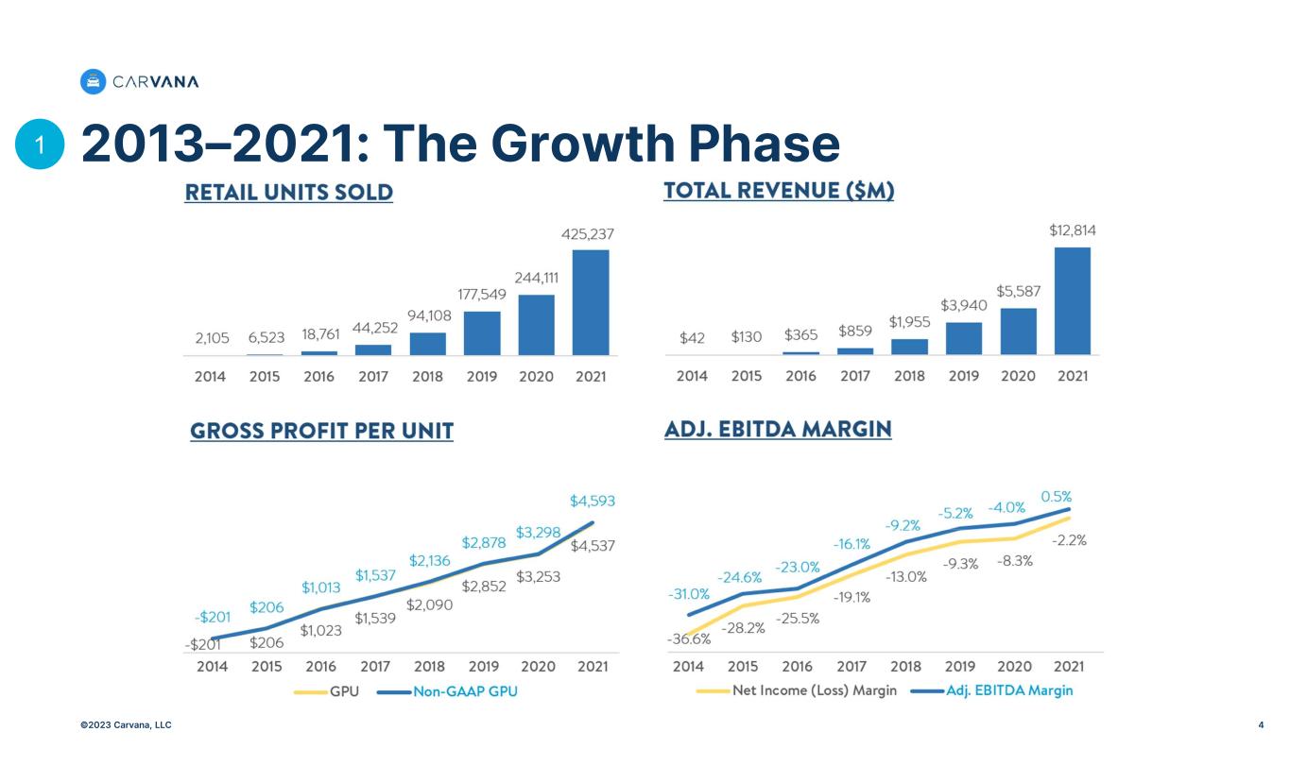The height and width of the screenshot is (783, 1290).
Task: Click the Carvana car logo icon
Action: (x=93, y=82)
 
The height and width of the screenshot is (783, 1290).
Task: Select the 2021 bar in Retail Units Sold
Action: (x=591, y=302)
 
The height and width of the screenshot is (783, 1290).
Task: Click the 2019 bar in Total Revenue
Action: (x=964, y=338)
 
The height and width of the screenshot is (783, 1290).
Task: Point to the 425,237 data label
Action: (x=591, y=232)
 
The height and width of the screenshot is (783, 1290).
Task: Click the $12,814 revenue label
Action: (x=1073, y=230)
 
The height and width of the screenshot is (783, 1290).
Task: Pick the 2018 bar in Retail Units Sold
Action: (x=427, y=344)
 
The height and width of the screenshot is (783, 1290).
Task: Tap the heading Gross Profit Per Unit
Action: (x=321, y=432)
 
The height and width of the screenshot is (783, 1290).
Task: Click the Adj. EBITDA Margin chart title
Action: (x=778, y=430)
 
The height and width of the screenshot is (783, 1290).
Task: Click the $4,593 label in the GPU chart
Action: (x=592, y=500)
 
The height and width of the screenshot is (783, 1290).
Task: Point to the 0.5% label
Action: (x=1057, y=496)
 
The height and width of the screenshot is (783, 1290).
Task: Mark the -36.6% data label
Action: (x=689, y=639)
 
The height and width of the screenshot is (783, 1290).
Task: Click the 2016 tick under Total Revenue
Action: (x=800, y=376)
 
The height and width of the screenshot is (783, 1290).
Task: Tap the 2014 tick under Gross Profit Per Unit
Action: (x=210, y=666)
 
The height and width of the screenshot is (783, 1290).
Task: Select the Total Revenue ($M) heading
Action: (x=779, y=191)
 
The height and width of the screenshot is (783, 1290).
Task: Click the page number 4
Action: (x=1261, y=725)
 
